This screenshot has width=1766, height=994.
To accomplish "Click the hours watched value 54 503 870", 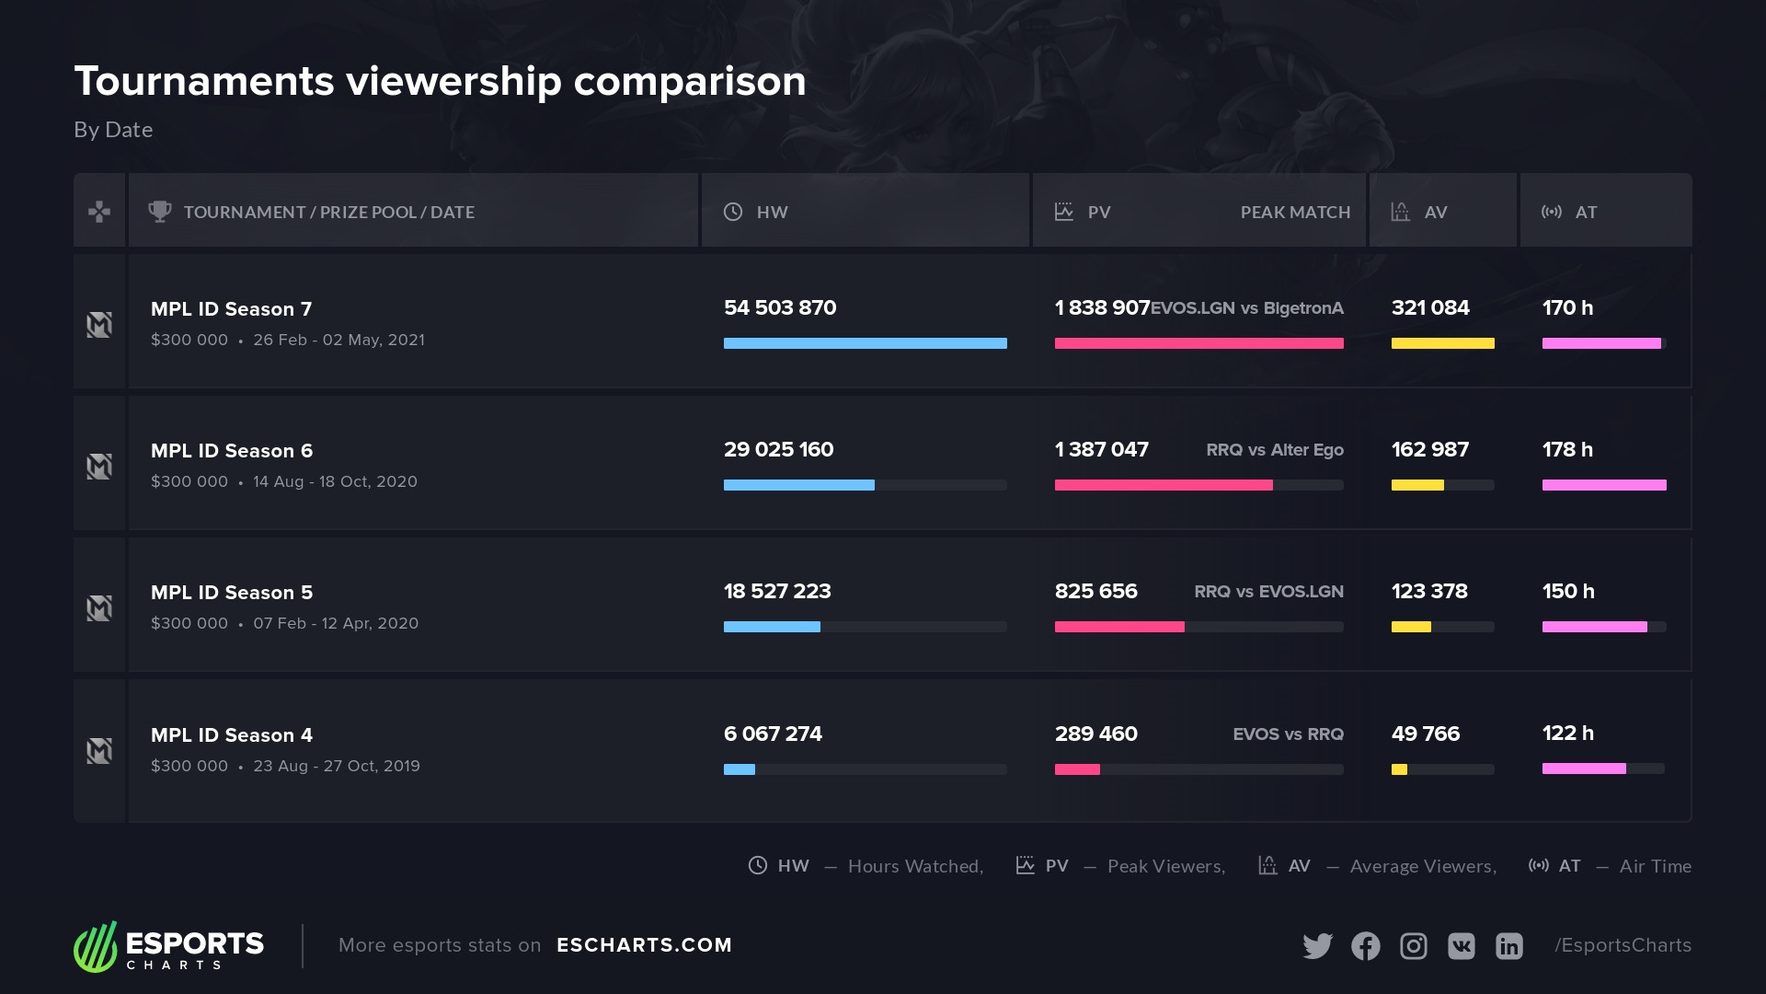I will tap(780, 308).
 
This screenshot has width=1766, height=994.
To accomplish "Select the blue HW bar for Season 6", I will tap(798, 485).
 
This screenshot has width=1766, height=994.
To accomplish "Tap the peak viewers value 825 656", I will tap(1095, 592).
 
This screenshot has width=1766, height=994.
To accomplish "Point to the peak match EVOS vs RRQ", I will tap(1288, 734).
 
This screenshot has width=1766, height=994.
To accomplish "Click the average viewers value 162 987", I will tap(1429, 450).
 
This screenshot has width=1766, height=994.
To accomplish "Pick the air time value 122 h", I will tap(1567, 734).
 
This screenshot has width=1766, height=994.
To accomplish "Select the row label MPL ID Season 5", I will tap(232, 593).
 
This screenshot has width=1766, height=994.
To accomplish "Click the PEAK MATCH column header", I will tap(1295, 213).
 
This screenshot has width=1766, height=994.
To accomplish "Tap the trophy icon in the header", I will tap(160, 212).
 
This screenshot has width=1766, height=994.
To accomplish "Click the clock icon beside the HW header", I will tap(733, 212).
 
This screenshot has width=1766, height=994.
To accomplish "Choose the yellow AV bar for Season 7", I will tap(1442, 343).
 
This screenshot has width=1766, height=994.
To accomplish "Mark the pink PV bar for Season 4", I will tap(1077, 769).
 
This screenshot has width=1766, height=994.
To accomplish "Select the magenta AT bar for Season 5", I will tap(1594, 627).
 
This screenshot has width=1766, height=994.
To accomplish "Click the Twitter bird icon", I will tap(1317, 946).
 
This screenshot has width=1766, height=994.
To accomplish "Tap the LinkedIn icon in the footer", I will tap(1509, 946).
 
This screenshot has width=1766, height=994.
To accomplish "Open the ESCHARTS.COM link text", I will tap(644, 945).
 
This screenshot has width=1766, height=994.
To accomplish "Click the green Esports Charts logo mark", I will tap(96, 947).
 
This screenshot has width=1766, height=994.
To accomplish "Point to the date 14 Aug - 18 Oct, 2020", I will tap(335, 482).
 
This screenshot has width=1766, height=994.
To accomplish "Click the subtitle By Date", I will tap(113, 130).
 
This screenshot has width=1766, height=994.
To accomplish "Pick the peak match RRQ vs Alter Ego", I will tap(1274, 450).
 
